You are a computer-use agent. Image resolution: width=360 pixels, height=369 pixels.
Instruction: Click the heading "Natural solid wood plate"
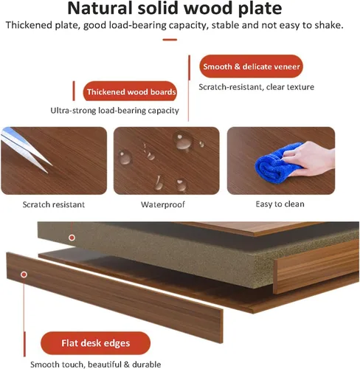click(x=175, y=8)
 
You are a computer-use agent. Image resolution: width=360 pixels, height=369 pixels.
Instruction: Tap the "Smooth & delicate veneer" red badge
click(x=251, y=66)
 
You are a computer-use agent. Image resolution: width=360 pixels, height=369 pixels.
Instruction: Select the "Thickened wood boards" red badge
click(x=130, y=92)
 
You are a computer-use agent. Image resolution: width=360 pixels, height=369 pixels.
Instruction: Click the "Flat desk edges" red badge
click(x=95, y=343)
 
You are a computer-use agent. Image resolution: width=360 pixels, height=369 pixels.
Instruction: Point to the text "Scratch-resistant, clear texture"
click(x=257, y=87)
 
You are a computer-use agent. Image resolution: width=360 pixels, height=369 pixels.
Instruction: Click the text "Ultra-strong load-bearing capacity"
click(x=114, y=111)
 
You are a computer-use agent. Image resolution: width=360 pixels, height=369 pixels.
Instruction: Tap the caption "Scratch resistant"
click(x=54, y=204)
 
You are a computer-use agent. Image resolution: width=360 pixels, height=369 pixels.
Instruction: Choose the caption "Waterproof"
click(x=163, y=204)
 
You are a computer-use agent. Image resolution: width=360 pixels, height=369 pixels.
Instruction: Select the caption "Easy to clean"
click(x=280, y=204)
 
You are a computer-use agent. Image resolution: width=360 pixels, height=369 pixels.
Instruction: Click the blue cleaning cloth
click(x=277, y=164)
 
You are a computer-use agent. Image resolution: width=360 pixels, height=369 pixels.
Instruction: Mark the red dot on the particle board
click(x=72, y=238)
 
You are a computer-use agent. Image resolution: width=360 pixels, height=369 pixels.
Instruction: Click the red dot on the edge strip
click(x=24, y=275)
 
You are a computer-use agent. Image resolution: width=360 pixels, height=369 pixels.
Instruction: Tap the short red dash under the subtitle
click(x=170, y=40)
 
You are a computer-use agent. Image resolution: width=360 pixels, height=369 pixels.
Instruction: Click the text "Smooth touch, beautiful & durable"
click(x=96, y=365)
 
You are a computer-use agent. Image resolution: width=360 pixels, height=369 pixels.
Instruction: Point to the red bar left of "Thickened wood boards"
click(x=74, y=91)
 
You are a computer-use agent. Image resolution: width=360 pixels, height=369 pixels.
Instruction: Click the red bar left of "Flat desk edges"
click(x=24, y=344)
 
